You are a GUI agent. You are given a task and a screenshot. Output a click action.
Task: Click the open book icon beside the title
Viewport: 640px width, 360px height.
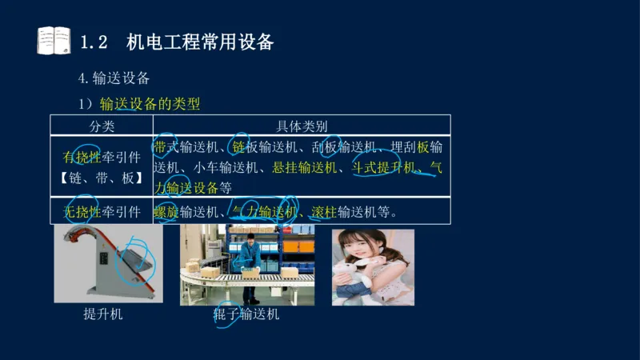tap(54, 40)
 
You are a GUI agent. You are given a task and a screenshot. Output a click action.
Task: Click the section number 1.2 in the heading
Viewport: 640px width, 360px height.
tap(94, 42)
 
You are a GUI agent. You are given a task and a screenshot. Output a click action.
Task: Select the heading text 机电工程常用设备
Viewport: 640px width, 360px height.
tap(200, 42)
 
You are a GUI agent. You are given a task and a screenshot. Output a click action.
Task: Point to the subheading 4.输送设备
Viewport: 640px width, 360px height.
tap(114, 78)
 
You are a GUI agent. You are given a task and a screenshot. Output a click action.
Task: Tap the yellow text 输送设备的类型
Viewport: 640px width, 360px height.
tap(150, 104)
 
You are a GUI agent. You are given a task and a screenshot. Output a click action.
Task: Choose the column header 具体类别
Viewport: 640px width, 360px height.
tap(302, 126)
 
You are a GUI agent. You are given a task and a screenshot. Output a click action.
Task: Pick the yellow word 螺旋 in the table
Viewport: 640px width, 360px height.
tap(166, 211)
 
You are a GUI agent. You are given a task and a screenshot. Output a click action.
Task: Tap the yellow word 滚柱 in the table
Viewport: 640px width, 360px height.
tap(324, 211)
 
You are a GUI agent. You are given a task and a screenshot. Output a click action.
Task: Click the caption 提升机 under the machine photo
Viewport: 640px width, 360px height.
tap(103, 314)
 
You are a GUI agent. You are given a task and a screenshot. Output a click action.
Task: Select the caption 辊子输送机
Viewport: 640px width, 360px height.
tap(246, 314)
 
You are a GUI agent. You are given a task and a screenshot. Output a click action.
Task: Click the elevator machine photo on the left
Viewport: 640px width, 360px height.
tap(107, 265)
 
